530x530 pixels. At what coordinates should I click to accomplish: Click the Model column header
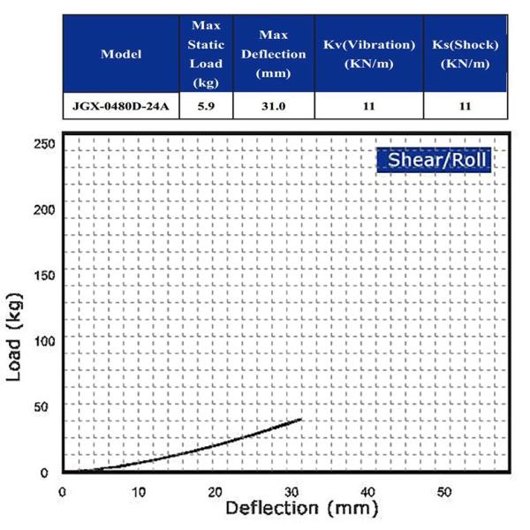[121, 54]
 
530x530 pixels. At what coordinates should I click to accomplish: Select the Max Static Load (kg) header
[205, 54]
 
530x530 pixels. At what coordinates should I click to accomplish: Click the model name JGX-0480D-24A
[121, 106]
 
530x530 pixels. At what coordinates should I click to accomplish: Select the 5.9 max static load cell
[205, 106]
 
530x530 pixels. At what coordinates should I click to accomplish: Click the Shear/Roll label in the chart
[433, 161]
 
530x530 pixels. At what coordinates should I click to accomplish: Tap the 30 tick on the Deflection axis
[291, 491]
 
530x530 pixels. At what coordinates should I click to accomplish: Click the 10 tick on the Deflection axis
[138, 491]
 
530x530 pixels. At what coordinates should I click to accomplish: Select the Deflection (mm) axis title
[301, 510]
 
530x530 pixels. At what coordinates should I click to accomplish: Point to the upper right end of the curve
[301, 419]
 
